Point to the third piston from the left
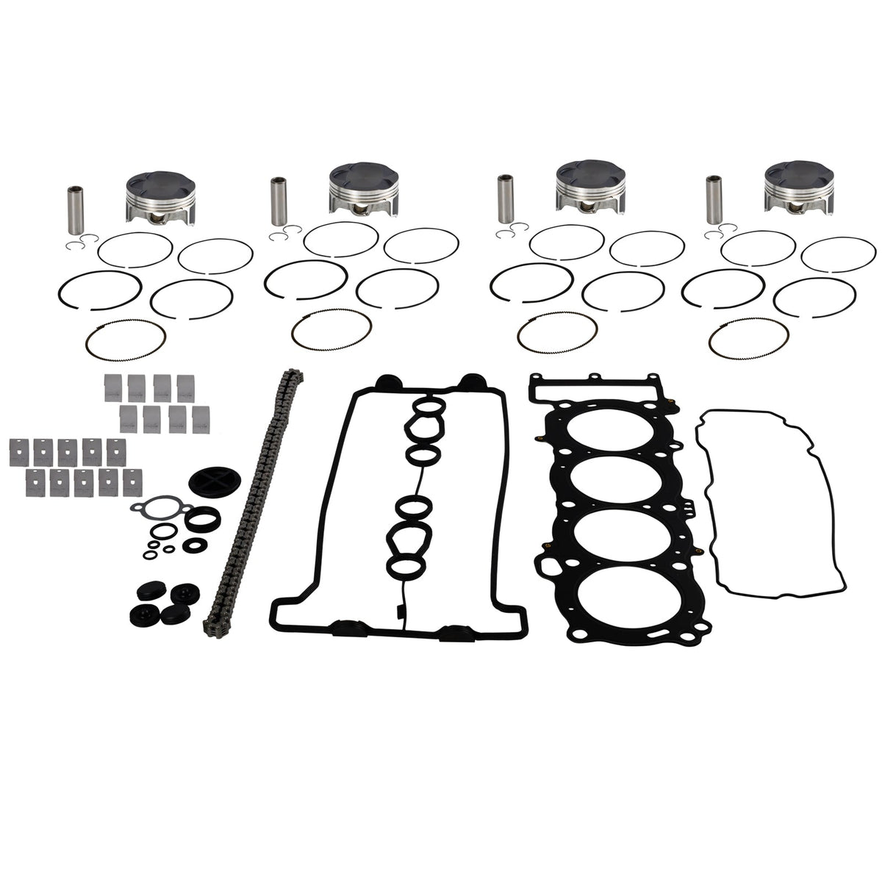tap(587, 189)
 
